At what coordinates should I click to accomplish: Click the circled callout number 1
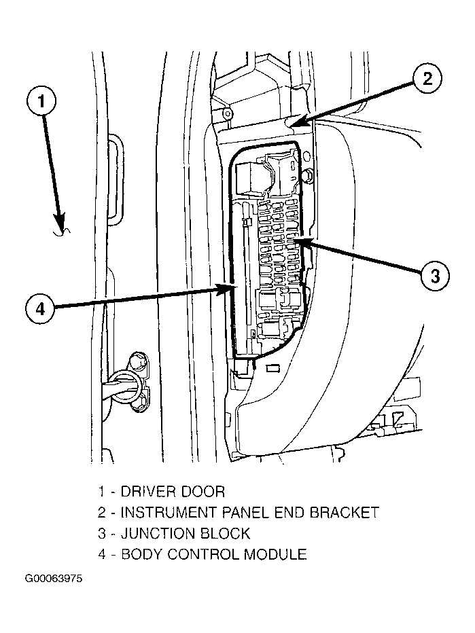point(41,103)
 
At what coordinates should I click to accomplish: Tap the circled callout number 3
point(434,276)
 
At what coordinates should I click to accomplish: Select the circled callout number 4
point(41,309)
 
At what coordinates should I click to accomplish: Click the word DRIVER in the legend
point(145,491)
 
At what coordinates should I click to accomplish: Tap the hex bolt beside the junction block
point(306,177)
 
